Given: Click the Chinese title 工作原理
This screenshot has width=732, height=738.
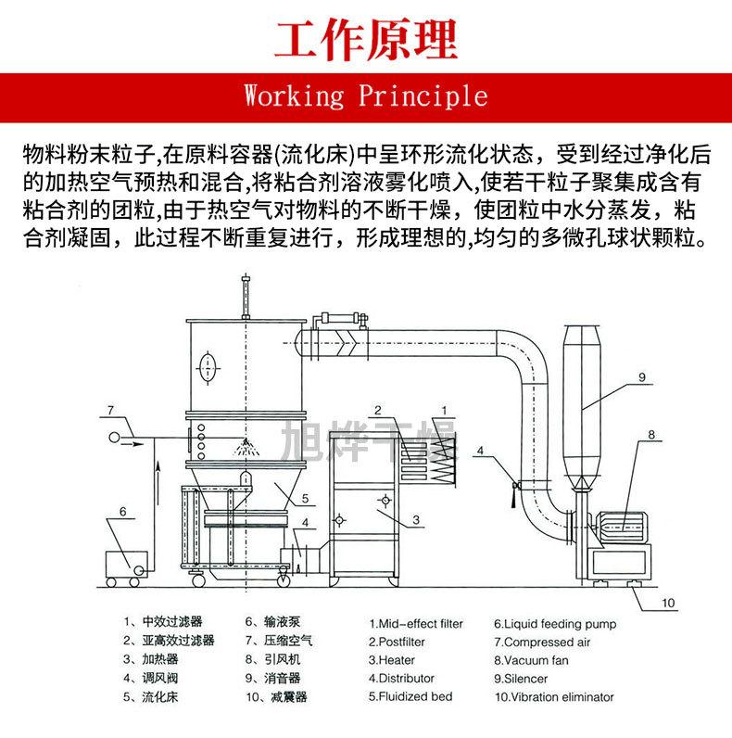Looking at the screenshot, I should pos(366,38).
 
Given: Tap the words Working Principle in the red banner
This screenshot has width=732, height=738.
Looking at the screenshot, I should pos(365,95).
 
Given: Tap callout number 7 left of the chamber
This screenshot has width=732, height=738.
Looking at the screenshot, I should pos(109,409).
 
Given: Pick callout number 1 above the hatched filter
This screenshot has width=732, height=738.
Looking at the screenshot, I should pos(444,410).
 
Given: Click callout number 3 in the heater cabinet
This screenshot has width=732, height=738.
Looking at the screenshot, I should pos(417,519).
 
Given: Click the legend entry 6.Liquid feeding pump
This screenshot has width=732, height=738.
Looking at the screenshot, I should pos(554,624).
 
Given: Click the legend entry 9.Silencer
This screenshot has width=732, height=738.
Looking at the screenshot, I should pos(520,678).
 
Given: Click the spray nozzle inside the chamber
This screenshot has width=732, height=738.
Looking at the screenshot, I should pos(245,446).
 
